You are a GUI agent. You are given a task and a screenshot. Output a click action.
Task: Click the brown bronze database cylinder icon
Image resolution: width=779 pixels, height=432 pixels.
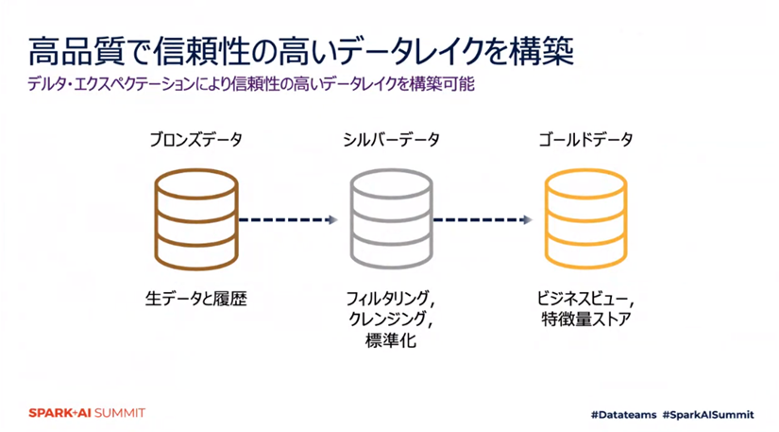195,219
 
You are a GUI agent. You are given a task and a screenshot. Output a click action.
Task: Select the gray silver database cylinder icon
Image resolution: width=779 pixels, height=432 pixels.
391,219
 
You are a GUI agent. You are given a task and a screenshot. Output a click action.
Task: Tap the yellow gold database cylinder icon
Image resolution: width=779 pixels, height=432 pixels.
585,219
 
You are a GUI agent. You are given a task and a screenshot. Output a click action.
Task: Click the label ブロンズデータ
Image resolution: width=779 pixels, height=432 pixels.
195,140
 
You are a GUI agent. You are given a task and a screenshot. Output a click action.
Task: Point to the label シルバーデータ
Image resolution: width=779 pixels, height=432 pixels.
391,140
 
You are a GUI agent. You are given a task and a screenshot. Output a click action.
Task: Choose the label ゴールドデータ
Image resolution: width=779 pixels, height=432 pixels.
585,140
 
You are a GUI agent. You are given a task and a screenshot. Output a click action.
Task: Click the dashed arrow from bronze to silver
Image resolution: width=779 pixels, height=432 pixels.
287,220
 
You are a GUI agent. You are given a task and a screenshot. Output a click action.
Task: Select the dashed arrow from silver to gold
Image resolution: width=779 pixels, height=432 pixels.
483,220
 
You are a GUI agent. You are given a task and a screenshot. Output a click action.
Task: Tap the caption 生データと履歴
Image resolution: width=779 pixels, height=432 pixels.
195,299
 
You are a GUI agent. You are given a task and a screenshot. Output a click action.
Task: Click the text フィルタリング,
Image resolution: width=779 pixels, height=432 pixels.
391,299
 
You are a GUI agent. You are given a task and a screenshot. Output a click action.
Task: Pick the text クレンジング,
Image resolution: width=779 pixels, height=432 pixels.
391,320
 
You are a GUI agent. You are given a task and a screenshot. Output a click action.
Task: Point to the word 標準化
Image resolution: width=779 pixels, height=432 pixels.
391,340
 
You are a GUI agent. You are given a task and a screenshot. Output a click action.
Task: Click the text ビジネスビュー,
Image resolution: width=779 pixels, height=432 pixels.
585,299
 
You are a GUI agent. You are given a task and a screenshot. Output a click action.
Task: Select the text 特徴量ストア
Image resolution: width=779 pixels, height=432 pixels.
585,320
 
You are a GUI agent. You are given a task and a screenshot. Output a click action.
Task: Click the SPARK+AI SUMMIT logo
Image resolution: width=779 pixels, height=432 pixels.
86,413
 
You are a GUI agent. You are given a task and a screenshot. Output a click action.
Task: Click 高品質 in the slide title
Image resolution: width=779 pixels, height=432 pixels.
67,50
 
